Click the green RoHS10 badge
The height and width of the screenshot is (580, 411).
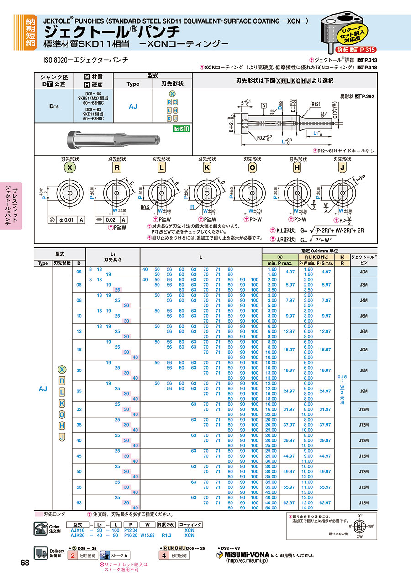[180, 129]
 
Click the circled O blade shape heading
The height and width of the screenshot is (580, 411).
[252, 167]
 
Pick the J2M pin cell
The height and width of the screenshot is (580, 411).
[364, 272]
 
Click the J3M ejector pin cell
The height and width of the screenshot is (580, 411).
[364, 284]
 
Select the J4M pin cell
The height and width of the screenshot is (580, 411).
[364, 300]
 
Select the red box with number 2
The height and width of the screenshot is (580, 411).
[72, 555]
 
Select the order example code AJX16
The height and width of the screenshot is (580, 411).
[78, 530]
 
